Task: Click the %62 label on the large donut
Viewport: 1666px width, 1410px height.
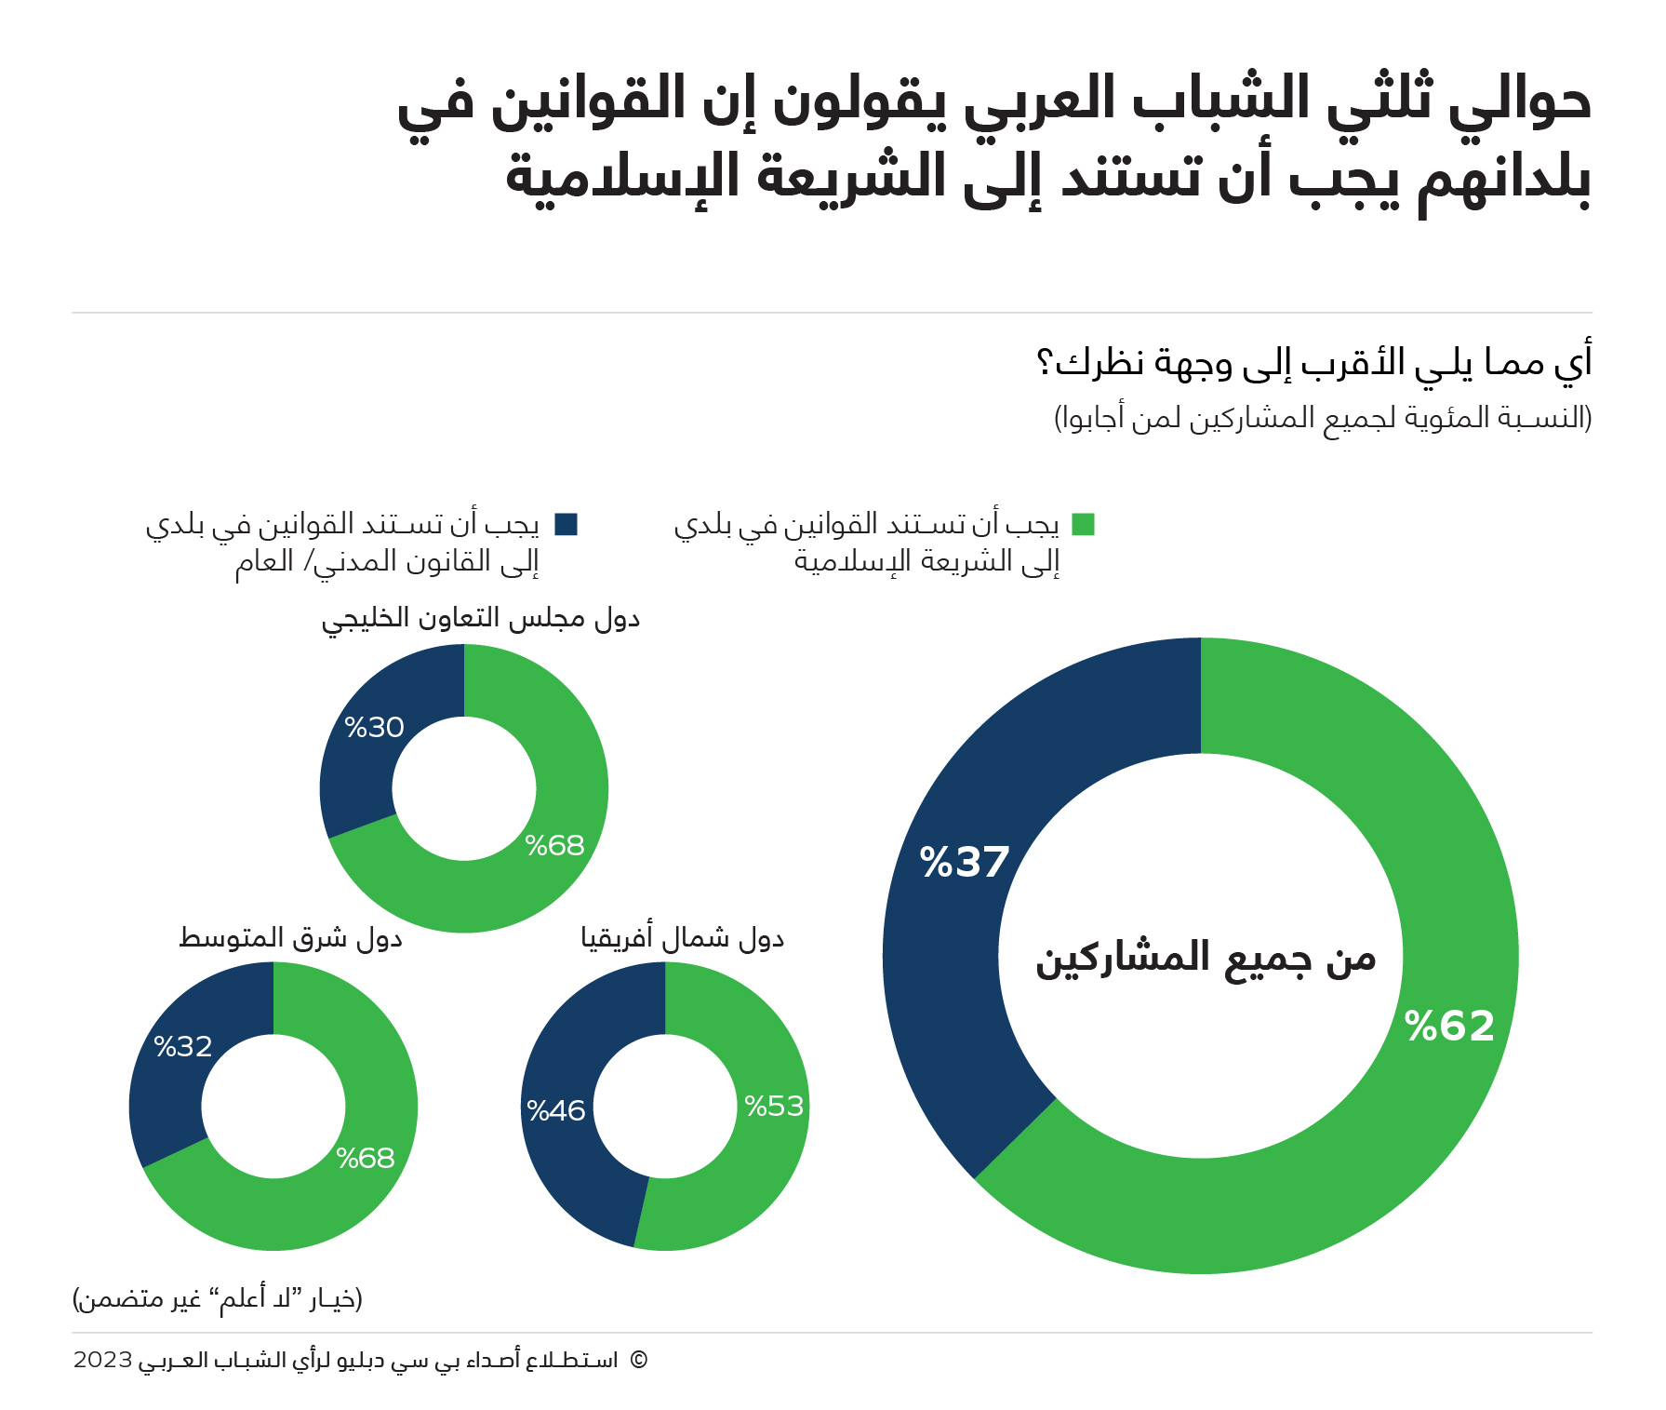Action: [x=1449, y=1026]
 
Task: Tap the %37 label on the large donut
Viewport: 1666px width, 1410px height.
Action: [x=964, y=862]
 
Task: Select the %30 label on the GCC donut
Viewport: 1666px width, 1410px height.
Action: [x=374, y=727]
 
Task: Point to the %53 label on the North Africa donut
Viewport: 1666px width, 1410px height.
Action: [x=774, y=1106]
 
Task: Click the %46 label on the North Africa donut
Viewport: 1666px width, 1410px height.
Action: [x=555, y=1110]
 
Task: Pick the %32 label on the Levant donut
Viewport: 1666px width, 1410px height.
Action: [x=183, y=1046]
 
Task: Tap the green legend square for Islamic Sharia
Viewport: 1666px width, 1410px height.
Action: [x=1083, y=524]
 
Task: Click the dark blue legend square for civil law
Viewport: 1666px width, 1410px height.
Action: [x=566, y=524]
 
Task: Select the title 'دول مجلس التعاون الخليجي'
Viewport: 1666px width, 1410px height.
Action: [x=481, y=619]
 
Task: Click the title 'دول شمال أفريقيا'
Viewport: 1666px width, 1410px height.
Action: [x=683, y=938]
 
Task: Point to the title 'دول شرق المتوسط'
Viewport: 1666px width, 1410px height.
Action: [x=290, y=938]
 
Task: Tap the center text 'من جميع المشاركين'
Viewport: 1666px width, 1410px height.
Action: [x=1206, y=959]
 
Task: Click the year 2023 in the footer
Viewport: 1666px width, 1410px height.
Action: [x=102, y=1360]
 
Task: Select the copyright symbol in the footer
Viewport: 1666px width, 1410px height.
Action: [x=638, y=1360]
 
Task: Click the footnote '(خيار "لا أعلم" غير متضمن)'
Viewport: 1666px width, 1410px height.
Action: [x=218, y=1298]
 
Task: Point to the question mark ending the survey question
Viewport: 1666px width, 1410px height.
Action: [x=1045, y=361]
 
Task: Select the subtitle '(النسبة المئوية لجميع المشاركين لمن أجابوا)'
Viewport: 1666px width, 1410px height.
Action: [x=1323, y=417]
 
